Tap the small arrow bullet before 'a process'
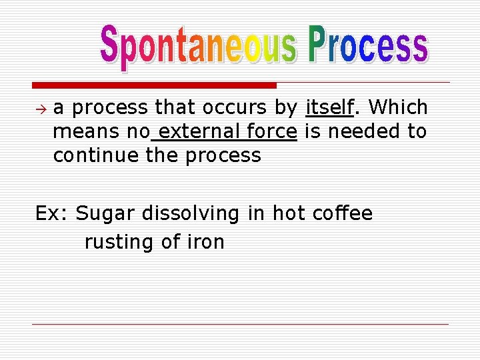41,107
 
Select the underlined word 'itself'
329,107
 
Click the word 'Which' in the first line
397,107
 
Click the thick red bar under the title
154,85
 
